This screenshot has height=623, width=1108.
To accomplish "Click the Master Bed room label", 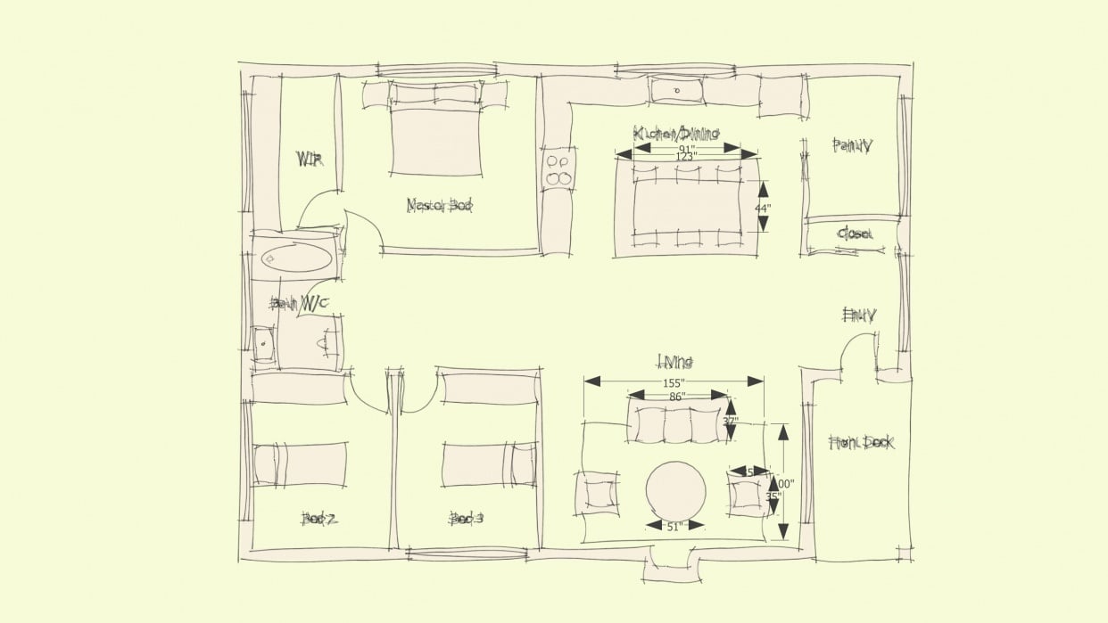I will [x=439, y=206].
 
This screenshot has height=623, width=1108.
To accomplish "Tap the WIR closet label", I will [x=309, y=160].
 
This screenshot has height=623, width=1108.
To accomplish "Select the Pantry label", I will [x=851, y=145].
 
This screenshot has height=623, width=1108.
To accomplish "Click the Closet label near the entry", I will [x=854, y=234].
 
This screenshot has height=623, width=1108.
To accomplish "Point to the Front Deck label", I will [x=861, y=443].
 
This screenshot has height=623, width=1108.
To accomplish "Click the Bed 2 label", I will [x=318, y=519].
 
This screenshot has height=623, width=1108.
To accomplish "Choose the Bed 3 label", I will [x=467, y=518].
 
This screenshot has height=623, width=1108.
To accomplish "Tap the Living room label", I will [x=675, y=362].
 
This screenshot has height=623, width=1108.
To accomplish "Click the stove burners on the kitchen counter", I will [x=559, y=170].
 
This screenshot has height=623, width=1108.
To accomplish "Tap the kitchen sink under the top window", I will [x=676, y=91].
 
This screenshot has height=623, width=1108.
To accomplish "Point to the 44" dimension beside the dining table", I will [x=762, y=207].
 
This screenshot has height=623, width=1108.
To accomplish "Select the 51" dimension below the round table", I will [x=674, y=526].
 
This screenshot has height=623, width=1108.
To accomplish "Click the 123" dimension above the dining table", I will [x=685, y=156].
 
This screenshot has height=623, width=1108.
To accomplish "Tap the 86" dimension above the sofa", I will [x=678, y=396].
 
